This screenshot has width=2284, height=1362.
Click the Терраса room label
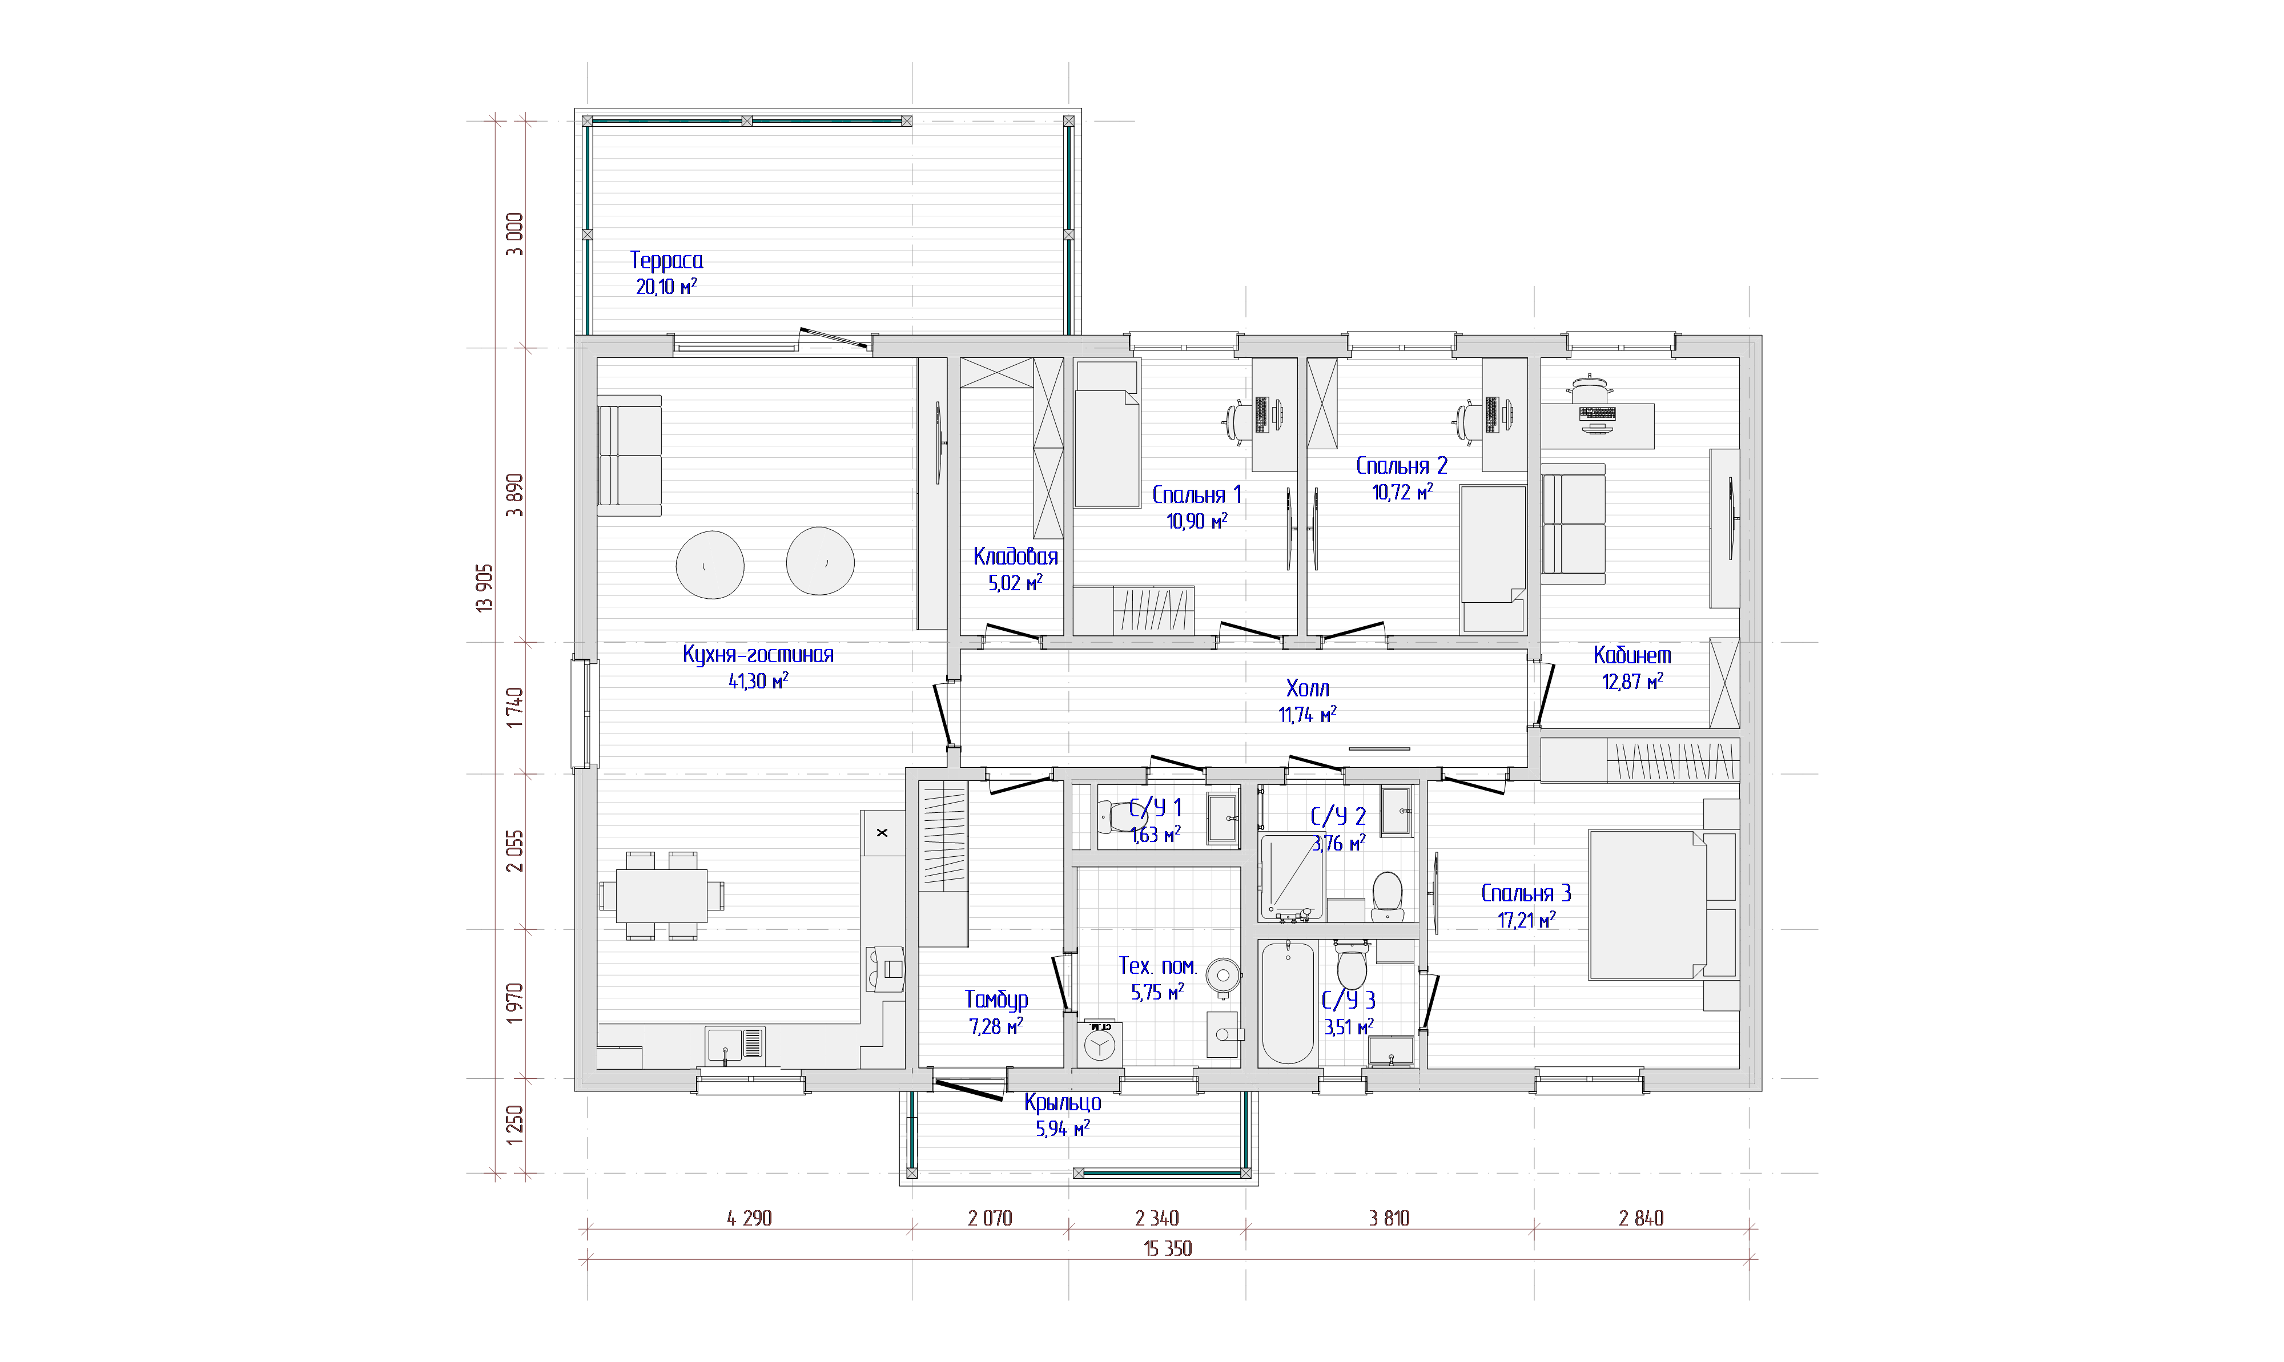point(666,261)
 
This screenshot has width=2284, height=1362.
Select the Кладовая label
point(1015,556)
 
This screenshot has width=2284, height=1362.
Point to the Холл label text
point(1307,688)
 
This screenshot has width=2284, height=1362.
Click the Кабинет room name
point(1632,655)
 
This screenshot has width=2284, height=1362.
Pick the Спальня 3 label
point(1526,893)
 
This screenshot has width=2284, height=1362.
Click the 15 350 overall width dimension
point(1168,1248)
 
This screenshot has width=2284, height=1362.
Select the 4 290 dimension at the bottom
point(749,1218)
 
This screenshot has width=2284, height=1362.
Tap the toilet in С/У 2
point(1387,896)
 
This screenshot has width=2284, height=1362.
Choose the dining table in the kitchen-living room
point(661,896)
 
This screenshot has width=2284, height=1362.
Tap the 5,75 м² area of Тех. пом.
point(1157,992)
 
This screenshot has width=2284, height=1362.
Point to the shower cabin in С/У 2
point(1292,876)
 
